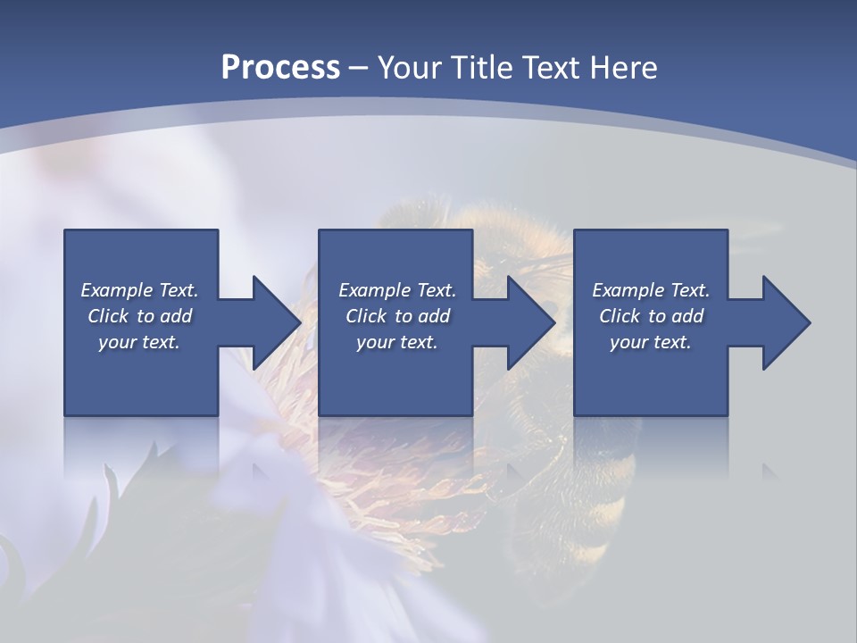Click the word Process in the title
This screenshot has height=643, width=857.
pos(280,67)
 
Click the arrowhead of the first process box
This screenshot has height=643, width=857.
pos(272,322)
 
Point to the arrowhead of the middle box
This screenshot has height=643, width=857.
pos(527,322)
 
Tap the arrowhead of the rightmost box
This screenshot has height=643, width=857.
pos(782,322)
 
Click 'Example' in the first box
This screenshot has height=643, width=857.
pos(117,290)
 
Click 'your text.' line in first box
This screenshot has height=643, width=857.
pos(139,342)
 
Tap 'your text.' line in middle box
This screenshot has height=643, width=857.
pos(397,342)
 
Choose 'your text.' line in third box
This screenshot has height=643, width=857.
pos(651,342)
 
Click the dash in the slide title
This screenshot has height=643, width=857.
pos(359,68)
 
